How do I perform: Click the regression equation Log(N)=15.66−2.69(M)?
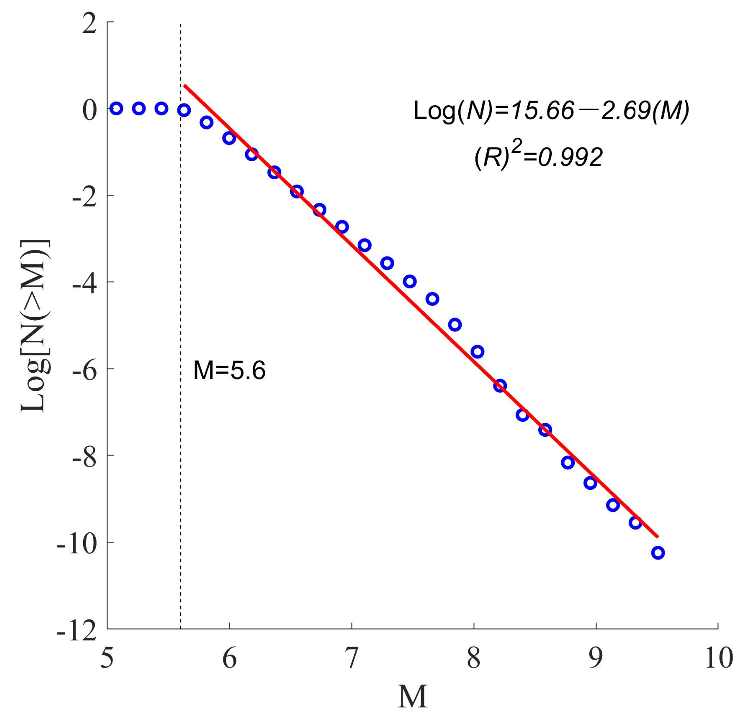click(551, 112)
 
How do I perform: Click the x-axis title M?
click(413, 696)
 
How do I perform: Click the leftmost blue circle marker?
click(116, 109)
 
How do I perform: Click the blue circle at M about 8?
click(477, 352)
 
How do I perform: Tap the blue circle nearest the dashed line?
click(184, 110)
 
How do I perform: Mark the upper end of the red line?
click(185, 85)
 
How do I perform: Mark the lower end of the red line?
click(658, 536)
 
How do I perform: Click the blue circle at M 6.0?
click(229, 138)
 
